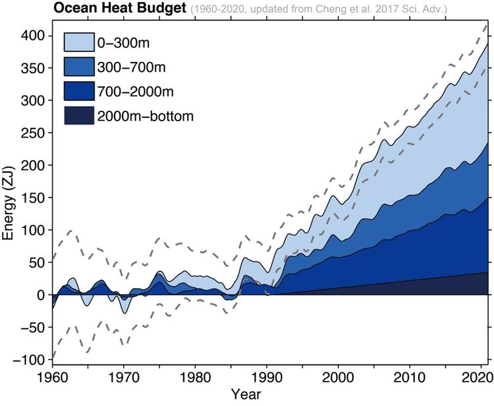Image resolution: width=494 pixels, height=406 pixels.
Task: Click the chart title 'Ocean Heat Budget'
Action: (120, 8)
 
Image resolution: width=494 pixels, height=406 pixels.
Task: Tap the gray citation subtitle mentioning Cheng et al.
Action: (319, 9)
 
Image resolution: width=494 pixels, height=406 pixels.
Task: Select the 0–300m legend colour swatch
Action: (79, 42)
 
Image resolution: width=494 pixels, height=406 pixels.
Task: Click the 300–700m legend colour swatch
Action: (79, 67)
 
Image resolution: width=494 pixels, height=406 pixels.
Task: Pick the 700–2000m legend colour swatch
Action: (79, 91)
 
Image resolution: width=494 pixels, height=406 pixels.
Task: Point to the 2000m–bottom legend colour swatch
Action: (79, 115)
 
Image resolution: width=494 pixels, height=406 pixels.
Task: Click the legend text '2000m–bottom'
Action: (146, 116)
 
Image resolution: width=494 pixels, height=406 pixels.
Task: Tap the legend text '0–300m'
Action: (123, 43)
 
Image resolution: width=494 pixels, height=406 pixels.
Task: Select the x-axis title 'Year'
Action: (246, 394)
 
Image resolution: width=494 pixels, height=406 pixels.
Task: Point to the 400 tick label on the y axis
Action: (32, 36)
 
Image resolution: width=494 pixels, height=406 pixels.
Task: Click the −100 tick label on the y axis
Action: (28, 360)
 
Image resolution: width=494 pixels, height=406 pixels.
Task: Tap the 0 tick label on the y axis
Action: (41, 295)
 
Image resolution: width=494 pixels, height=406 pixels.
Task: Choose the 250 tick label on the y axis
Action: (32, 132)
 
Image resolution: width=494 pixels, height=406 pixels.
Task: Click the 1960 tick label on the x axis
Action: (52, 378)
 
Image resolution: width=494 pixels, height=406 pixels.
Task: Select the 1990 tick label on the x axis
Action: (267, 378)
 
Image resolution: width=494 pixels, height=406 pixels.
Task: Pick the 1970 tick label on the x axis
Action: (124, 378)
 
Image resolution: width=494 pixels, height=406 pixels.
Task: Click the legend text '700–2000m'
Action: (136, 92)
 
